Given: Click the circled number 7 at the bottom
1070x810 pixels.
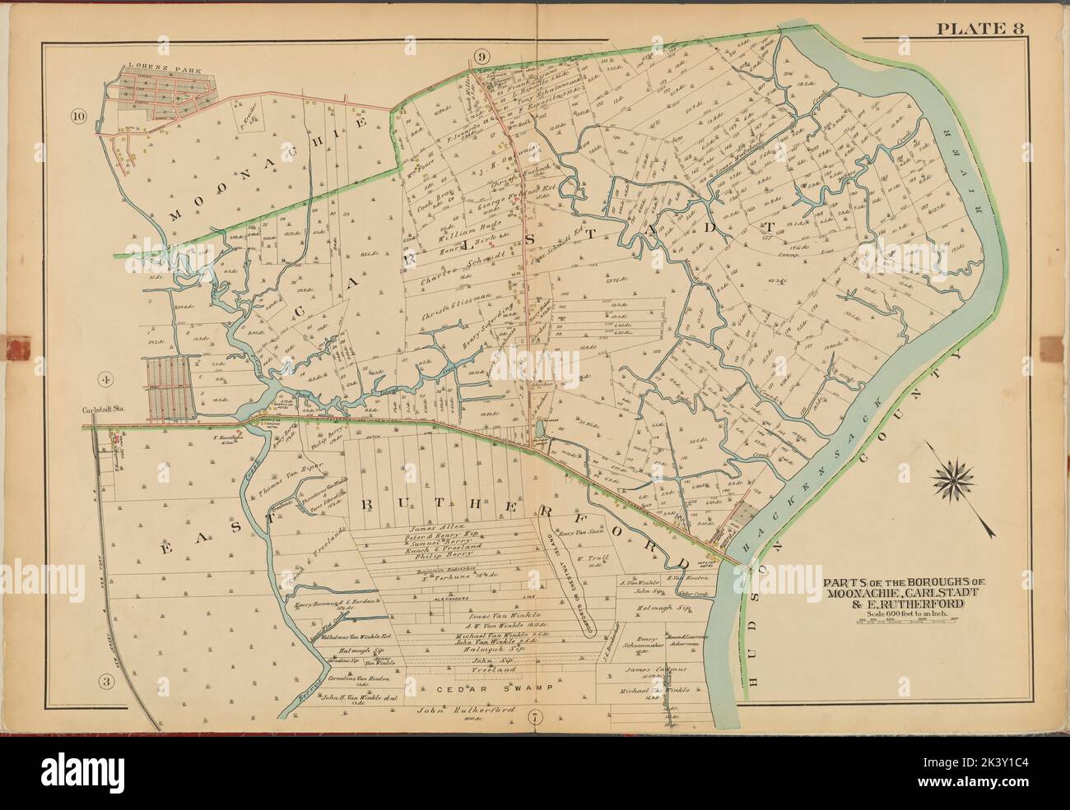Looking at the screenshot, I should tap(536, 716).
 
